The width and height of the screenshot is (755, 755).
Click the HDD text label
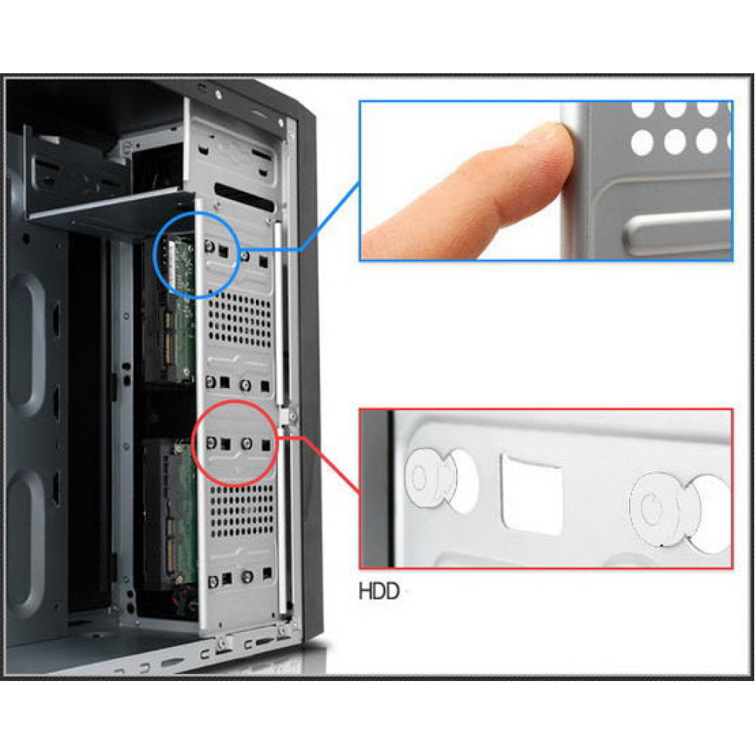[379, 591]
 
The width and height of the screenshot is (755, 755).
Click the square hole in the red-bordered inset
[532, 494]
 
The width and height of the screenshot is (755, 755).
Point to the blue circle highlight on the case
[153, 255]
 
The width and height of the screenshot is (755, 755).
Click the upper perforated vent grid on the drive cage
[239, 320]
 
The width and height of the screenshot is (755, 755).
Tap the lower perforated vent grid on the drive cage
[242, 510]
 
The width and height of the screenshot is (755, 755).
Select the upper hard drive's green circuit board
[177, 308]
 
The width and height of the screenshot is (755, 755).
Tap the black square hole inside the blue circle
[223, 251]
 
